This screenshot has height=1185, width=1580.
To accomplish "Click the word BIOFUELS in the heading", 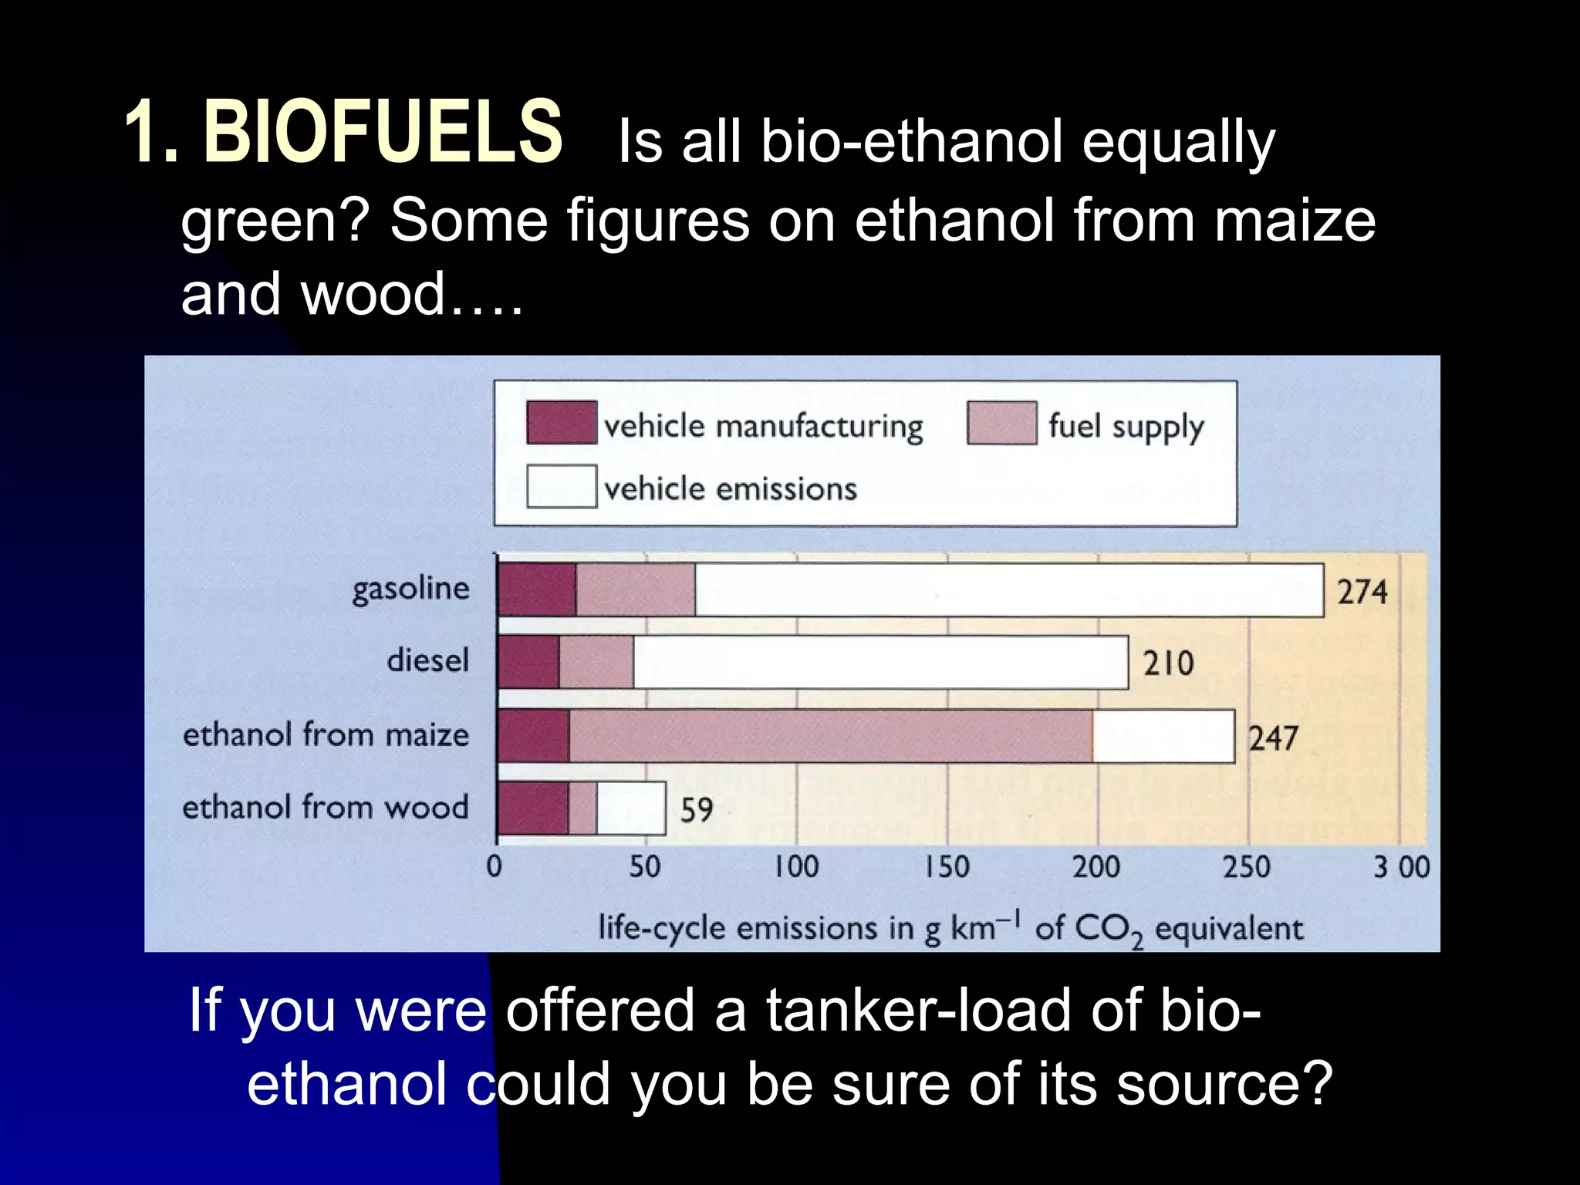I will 383,133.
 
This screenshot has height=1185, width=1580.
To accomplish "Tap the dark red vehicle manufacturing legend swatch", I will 561,423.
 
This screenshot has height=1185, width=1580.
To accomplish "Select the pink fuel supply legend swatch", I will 1001,423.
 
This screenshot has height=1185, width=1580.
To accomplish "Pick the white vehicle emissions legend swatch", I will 561,486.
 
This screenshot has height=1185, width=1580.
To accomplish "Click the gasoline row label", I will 410,589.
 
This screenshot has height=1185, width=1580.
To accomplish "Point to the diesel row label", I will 427,661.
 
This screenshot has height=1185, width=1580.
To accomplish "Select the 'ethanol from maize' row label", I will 326,734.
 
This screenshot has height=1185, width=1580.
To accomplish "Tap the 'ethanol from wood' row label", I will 326,807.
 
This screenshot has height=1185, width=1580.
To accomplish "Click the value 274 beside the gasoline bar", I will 1362,592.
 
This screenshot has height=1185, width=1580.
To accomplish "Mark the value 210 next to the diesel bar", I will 1168,663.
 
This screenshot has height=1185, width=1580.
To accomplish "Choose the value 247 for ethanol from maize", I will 1274,738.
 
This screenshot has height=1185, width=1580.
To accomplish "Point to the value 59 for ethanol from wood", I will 696,810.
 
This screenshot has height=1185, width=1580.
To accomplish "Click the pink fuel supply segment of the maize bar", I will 830,736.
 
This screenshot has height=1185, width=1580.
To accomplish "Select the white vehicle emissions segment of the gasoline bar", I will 1009,590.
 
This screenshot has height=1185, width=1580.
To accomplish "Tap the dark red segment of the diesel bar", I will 528,662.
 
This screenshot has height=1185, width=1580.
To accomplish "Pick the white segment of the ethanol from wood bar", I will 630,808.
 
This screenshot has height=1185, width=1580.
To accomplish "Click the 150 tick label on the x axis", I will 947,866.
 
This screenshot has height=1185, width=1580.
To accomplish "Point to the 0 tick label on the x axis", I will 495,866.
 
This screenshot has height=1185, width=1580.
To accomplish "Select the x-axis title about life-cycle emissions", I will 950,928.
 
